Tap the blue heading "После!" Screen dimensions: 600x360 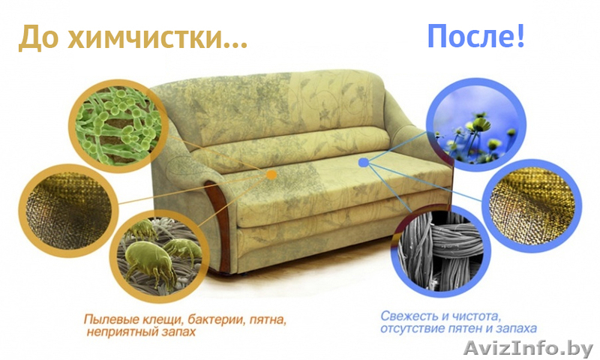tap(475, 36)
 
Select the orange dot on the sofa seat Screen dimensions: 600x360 tap(271, 175)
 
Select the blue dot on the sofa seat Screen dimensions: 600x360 tap(364, 163)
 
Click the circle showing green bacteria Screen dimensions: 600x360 tap(118, 126)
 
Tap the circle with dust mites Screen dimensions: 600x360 tap(160, 255)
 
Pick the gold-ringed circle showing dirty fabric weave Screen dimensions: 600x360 tap(68, 211)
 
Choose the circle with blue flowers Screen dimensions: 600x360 tap(476, 125)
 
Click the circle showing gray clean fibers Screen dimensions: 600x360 tap(441, 250)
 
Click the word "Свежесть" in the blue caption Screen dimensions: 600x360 tap(408, 316)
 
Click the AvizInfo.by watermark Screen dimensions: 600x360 tap(528, 348)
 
